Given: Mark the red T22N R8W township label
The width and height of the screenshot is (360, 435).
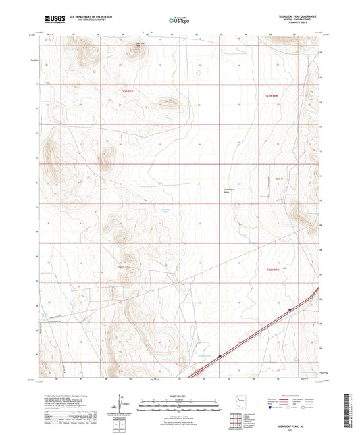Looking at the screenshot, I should (x=272, y=270).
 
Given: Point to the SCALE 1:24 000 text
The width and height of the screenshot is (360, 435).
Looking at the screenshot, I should (x=180, y=395).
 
